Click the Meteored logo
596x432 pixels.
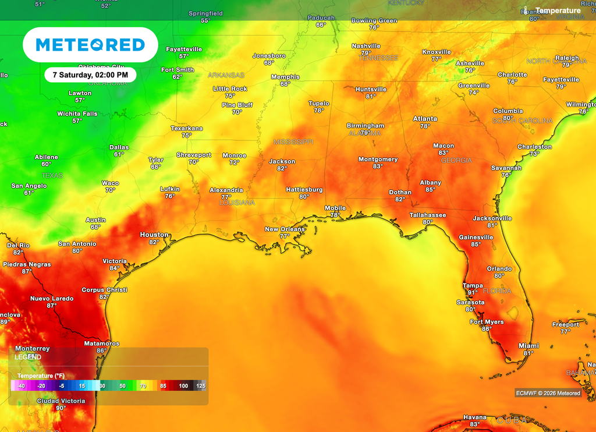point(90,45)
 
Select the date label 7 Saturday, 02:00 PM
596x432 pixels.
point(90,75)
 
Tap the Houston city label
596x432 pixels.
point(154,235)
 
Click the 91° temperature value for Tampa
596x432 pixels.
point(472,293)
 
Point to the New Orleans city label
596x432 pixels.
point(285,229)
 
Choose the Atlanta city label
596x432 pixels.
point(425,119)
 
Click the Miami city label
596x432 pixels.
point(528,345)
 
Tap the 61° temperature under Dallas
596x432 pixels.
point(119,154)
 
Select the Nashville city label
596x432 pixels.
point(366,46)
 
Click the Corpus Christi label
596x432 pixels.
point(104,290)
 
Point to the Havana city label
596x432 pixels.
point(474,417)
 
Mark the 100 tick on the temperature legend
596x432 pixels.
point(183,386)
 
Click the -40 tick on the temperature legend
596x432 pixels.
point(21,386)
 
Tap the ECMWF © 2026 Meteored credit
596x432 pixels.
point(548,393)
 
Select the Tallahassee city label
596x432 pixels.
point(427,215)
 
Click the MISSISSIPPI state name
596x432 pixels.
point(293,142)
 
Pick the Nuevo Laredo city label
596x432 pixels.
point(52,299)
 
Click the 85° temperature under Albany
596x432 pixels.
point(430,190)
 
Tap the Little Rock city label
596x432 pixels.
point(230,89)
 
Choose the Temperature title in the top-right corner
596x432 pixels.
point(558,10)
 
